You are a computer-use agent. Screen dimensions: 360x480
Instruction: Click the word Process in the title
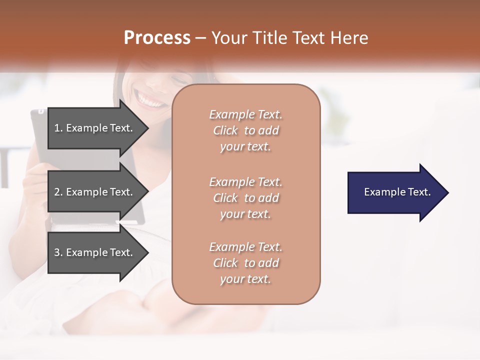(157, 38)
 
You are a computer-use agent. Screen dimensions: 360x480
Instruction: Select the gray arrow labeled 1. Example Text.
(95, 128)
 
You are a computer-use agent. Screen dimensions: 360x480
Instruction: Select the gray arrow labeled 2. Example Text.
(95, 192)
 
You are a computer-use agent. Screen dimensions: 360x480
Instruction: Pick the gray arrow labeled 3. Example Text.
(95, 252)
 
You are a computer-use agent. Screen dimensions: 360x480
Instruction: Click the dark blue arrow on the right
(395, 192)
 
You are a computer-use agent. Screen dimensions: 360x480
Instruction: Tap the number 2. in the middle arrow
(58, 192)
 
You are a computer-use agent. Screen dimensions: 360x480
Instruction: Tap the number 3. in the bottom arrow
(58, 252)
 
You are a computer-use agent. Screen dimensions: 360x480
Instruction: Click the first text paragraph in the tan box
(245, 130)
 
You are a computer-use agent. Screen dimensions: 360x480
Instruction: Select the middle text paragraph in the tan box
(245, 198)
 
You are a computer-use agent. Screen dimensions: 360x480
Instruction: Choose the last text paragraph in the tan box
(245, 263)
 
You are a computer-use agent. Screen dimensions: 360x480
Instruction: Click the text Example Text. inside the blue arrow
(397, 192)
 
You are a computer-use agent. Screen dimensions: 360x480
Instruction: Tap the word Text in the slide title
(308, 38)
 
